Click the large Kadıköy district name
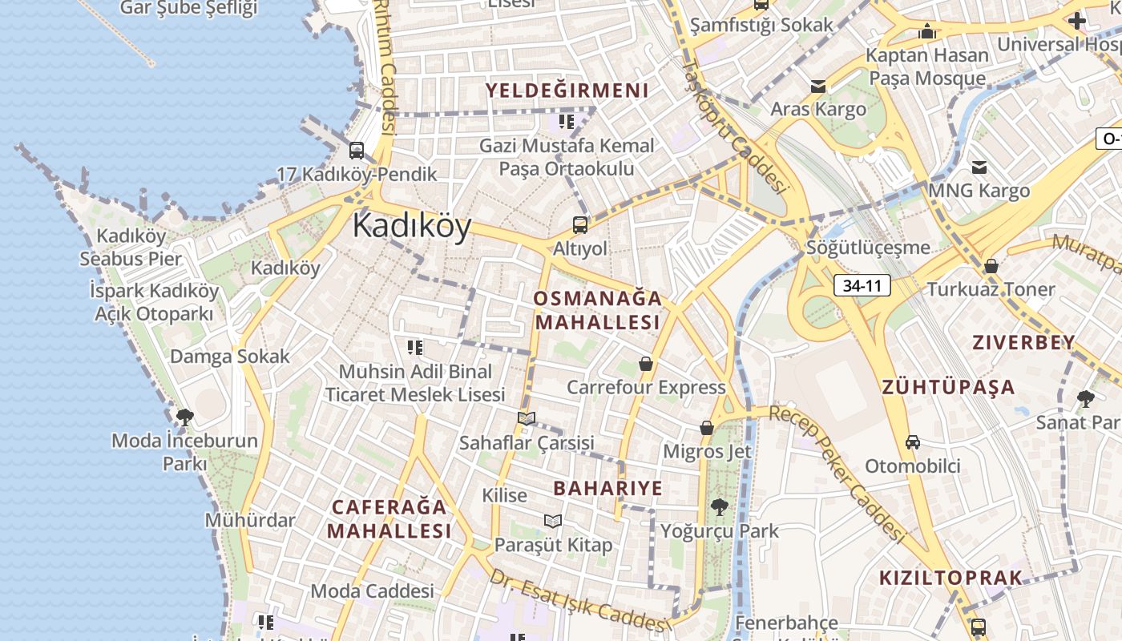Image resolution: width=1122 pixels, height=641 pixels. (411, 226)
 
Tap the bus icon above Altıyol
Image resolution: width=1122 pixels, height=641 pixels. (580, 225)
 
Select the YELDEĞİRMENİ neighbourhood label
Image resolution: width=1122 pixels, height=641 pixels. (567, 91)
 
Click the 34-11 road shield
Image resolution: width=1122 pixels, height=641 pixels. (862, 284)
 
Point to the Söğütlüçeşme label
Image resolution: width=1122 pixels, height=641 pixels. (869, 248)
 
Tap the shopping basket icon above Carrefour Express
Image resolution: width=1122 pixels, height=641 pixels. (646, 365)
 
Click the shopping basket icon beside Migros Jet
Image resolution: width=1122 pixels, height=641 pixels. (707, 428)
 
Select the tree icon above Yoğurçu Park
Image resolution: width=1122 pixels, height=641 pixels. (719, 506)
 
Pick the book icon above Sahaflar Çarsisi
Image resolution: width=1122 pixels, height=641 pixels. (527, 418)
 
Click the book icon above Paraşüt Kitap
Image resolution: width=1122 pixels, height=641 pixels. (553, 521)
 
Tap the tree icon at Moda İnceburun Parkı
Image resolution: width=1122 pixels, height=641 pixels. (185, 417)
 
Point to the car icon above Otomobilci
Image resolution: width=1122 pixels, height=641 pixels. (912, 441)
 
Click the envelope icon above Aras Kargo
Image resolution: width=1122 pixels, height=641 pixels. (818, 87)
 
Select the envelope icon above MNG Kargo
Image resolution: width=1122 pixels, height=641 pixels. (979, 167)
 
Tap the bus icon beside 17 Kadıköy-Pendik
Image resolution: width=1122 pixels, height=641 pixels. (357, 150)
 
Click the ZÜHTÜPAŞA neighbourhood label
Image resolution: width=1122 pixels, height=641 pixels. (949, 388)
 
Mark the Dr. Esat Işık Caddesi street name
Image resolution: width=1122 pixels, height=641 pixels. (579, 601)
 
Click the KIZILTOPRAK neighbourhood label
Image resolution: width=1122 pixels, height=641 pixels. (951, 578)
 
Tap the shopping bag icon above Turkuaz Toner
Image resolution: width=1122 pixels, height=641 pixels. (991, 266)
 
